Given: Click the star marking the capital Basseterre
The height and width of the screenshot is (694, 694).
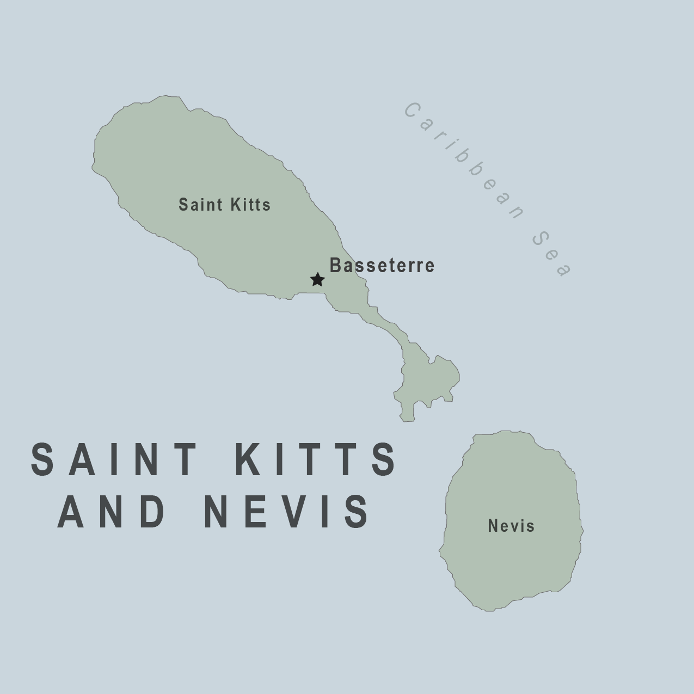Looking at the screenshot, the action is point(317,280).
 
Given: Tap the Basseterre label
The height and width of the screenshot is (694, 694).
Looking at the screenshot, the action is point(382,266).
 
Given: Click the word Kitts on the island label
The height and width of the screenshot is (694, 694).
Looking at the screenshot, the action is point(250,205).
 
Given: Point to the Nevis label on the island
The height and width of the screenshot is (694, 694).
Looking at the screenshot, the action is point(511,526).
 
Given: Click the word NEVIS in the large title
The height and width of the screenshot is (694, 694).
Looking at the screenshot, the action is point(287,512).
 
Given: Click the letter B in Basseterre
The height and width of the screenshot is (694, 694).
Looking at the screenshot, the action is point(335,266).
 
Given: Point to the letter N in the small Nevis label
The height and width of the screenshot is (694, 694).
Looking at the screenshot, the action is point(493,526).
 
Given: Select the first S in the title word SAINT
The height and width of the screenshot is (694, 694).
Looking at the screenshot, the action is point(42,459).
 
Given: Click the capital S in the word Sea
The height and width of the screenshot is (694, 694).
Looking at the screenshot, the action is point(539,237).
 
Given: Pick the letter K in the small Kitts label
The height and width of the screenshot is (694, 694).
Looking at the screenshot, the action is point(235,205).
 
